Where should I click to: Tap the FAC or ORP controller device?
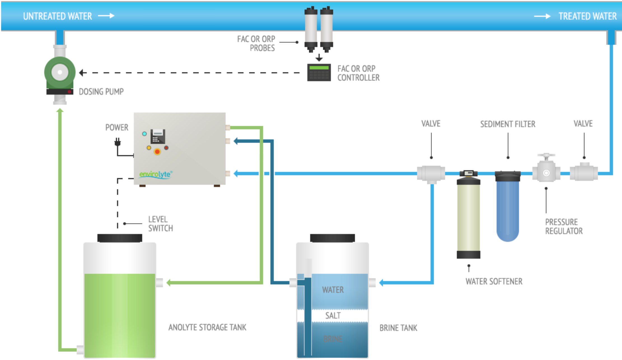319,73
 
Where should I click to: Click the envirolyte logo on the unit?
156,174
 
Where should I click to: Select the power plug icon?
118,142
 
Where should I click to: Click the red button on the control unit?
157,152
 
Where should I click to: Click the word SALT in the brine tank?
333,315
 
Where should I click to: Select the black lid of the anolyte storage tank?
120,238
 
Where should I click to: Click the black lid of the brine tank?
332,238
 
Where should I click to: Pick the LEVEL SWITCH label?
160,224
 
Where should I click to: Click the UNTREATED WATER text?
57,16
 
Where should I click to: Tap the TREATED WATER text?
587,16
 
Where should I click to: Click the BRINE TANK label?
398,328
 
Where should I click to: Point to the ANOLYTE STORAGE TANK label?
207,327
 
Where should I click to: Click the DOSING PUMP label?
101,92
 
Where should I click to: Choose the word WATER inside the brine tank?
333,290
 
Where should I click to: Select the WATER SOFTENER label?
494,281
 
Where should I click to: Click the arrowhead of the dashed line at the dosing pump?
81,73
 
